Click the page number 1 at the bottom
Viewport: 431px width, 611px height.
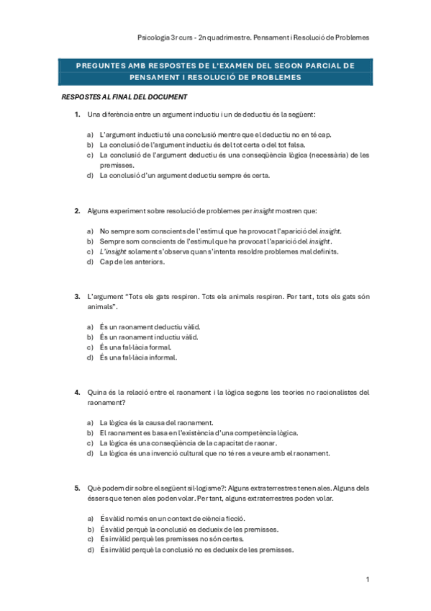coord(367,579)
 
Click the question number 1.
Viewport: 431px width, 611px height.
coord(76,115)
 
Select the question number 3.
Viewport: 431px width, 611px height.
coord(76,297)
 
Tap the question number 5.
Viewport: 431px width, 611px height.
coord(76,488)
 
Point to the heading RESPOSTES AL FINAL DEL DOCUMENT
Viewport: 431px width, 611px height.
coord(124,97)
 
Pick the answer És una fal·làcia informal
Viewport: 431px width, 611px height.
coord(139,357)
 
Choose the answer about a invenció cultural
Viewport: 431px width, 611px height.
coord(214,454)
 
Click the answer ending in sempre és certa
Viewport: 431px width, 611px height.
coord(185,175)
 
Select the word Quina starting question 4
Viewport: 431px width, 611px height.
coord(96,392)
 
